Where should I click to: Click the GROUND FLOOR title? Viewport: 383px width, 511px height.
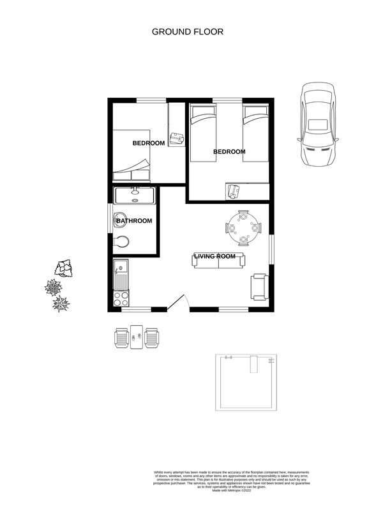coord(188,31)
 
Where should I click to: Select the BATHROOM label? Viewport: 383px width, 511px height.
coord(134,221)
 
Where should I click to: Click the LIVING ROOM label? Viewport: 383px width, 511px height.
coord(219,257)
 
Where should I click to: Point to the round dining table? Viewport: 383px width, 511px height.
coord(244,227)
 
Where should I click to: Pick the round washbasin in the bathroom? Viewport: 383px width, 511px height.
coord(120,221)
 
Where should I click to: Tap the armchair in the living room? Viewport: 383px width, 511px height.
coord(259,286)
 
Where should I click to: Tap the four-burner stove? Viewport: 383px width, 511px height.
coord(121,298)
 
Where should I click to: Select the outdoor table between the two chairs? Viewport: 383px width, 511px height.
coord(137,336)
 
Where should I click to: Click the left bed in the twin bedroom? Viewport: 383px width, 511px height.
coord(204,134)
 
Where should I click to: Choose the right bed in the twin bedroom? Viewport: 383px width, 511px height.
coord(256,134)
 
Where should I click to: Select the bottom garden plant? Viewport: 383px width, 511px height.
coord(61,303)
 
